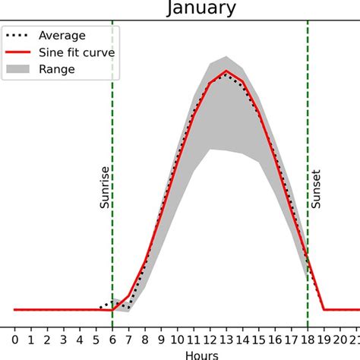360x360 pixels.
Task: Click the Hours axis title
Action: tap(201, 355)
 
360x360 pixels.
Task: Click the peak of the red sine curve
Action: tap(226, 71)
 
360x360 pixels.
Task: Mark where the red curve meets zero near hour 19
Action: tap(324, 309)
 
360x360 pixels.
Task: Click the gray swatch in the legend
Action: tap(21, 68)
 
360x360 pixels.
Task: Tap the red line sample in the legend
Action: tap(21, 52)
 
